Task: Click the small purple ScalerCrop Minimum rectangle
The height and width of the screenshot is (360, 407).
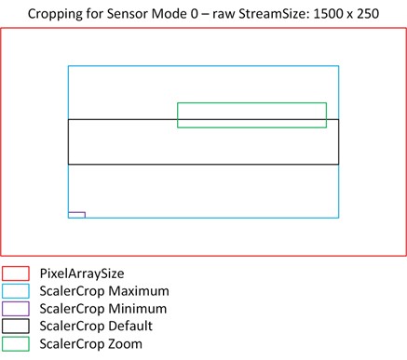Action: click(x=76, y=215)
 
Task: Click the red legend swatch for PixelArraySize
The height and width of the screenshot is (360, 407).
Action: click(x=15, y=273)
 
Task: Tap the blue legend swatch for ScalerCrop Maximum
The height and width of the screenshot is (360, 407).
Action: click(x=15, y=291)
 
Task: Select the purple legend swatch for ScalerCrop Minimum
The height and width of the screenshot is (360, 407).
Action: click(x=15, y=309)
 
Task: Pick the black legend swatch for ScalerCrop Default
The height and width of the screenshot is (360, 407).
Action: click(x=15, y=327)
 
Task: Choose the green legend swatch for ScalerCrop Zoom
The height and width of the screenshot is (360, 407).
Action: click(x=15, y=344)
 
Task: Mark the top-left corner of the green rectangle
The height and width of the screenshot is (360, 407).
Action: click(x=178, y=102)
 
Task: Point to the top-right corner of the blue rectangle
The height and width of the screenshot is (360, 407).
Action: click(x=339, y=66)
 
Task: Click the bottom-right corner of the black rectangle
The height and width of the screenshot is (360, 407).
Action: click(x=339, y=165)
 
